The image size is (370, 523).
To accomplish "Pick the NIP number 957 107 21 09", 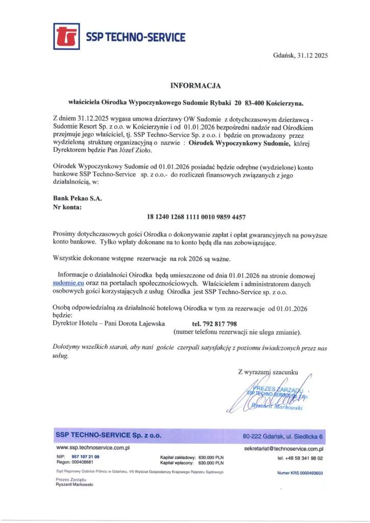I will (x=85, y=456).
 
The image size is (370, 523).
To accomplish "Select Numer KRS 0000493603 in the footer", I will (x=300, y=473).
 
